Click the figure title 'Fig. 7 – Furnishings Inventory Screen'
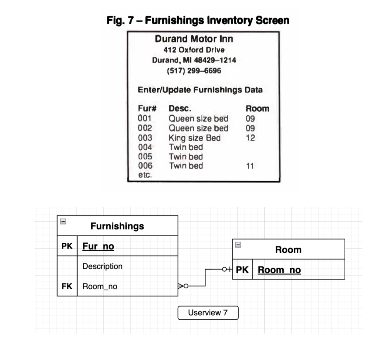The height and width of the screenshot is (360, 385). coord(198,20)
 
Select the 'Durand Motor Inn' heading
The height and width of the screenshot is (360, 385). coord(194,39)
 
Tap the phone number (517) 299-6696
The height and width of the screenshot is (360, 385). coord(194,71)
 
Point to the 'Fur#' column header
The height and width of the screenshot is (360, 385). coord(147,108)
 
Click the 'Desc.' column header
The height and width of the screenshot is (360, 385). coord(180,108)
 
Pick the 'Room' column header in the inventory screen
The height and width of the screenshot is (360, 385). coord(257,108)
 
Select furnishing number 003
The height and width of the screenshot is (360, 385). coord(145,138)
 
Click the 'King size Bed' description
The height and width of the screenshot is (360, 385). coord(195,138)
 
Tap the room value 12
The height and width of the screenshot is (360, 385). coord(250,138)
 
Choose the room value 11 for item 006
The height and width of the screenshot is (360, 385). coord(250,166)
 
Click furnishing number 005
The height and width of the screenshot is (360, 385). coord(145,157)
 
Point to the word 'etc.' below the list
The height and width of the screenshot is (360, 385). coord(145,175)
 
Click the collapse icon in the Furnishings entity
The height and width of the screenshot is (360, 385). coord(63,221)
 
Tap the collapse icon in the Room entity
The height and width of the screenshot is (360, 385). coord(238,245)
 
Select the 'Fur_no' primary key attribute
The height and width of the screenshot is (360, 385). coord(98,246)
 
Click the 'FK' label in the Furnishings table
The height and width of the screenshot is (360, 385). coord(67,286)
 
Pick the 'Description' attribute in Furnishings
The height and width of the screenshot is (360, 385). coord(102,266)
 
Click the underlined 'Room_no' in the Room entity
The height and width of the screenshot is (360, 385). coord(279,270)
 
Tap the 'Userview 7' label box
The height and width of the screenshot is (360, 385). coord(208,313)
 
